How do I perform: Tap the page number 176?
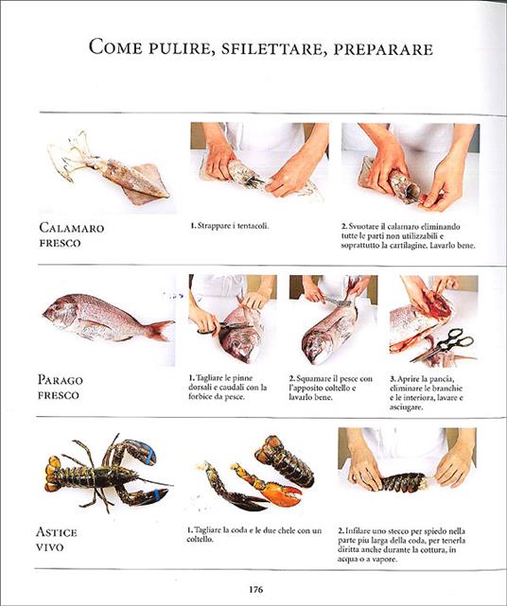255,590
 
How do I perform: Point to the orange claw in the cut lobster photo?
280,490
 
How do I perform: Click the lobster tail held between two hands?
403,481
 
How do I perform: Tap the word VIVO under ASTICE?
59,547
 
